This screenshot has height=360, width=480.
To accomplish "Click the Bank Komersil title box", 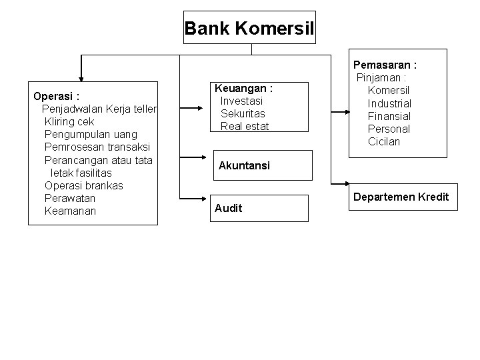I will click(249, 28).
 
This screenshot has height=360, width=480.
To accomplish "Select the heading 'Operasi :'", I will click(57, 96).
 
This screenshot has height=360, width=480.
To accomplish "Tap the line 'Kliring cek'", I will click(69, 122).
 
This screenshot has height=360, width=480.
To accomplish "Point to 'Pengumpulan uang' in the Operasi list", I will click(91, 135).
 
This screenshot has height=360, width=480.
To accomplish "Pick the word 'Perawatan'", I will click(70, 198).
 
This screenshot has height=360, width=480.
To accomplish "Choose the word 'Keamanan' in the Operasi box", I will click(70, 211).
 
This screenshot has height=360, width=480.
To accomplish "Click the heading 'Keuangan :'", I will click(243, 88).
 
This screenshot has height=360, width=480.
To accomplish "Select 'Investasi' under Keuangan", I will click(241, 101).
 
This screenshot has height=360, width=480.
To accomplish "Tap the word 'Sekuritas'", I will click(243, 113).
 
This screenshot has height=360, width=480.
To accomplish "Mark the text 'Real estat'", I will click(245, 126).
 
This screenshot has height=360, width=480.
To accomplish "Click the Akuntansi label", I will click(244, 165).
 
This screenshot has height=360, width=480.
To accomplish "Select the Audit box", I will click(260, 208).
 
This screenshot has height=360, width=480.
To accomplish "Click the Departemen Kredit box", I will click(401, 198).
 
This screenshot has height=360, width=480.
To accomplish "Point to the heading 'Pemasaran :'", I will click(385, 65).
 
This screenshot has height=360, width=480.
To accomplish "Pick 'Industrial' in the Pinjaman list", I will click(389, 103).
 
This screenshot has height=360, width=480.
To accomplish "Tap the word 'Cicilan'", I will click(384, 141).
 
